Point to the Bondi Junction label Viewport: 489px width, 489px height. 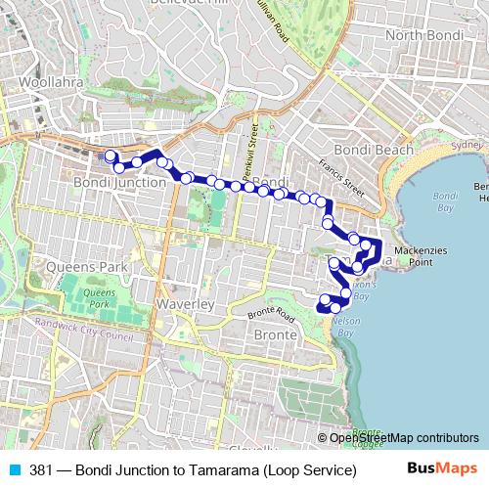[x=119, y=183]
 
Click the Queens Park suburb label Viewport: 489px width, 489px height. [x=86, y=266]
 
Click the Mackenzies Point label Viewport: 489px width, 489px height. [x=421, y=256]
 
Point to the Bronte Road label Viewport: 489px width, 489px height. [x=272, y=316]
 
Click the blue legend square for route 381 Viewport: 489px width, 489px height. [x=11, y=469]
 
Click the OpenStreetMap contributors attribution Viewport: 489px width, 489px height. [x=404, y=437]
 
